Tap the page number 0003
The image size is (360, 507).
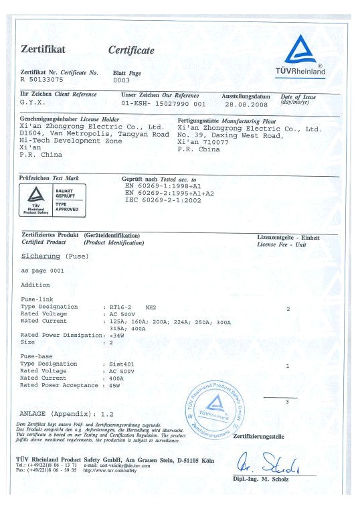pyautogui.click(x=121, y=79)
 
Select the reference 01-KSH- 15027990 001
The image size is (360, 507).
pyautogui.click(x=163, y=105)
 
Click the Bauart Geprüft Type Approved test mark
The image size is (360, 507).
pyautogui.click(x=52, y=200)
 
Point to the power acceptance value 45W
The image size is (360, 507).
pyautogui.click(x=114, y=385)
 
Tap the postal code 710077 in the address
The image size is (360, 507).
pyautogui.click(x=218, y=143)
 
